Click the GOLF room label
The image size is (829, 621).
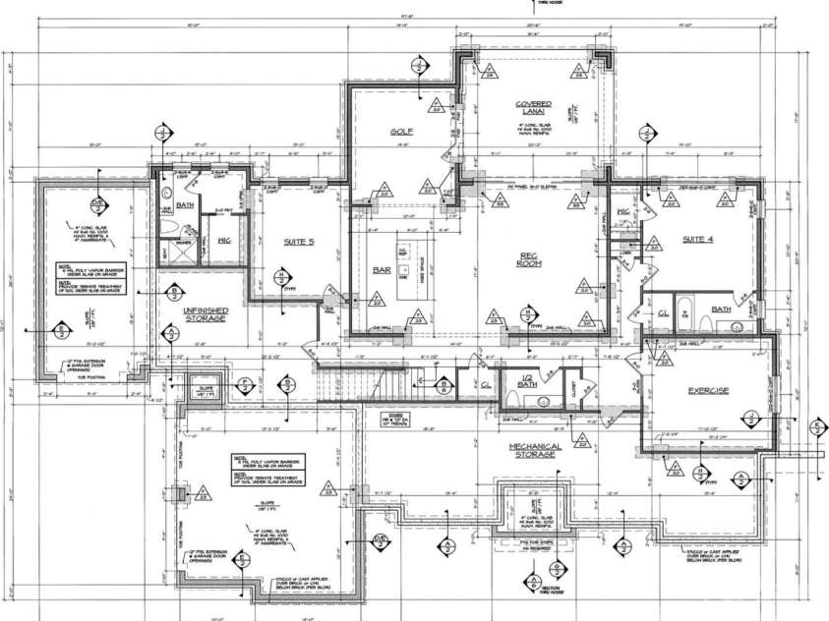(x=399, y=130)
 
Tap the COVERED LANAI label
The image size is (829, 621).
(x=534, y=108)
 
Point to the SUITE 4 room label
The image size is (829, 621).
(x=695, y=239)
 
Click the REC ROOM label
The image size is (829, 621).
(x=533, y=261)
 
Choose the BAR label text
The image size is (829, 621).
(x=383, y=270)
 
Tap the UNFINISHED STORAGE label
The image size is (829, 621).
(x=206, y=313)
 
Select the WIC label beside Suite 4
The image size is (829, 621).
(x=622, y=212)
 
